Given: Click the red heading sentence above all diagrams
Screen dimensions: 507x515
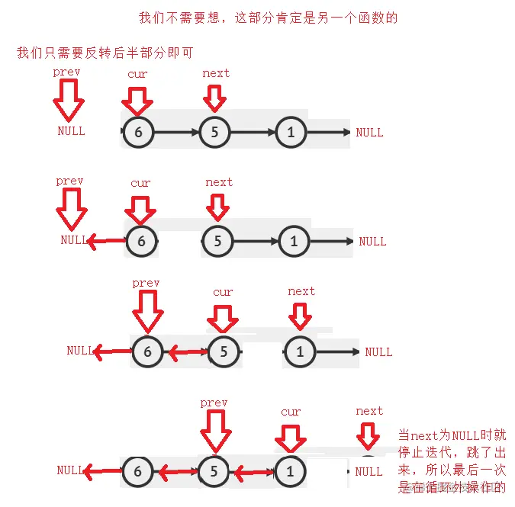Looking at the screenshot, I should click(268, 18).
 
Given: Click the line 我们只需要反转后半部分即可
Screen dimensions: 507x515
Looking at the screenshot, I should click(104, 53).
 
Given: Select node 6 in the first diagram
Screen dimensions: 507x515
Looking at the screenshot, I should click(138, 132).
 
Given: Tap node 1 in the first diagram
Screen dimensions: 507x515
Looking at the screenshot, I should click(291, 132).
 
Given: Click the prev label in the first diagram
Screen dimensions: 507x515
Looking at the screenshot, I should click(66, 72).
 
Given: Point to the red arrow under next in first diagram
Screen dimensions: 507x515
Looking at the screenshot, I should click(215, 97).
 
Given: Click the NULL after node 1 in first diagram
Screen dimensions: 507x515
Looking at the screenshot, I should click(369, 133).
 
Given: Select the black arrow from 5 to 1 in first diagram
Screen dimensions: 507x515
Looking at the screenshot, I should click(253, 132).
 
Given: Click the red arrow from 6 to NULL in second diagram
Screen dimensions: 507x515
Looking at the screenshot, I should click(107, 242).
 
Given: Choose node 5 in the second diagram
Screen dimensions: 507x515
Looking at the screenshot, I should click(217, 242).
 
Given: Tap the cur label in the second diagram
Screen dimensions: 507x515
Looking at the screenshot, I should click(140, 183).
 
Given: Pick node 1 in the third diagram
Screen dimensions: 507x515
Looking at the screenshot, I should click(300, 351).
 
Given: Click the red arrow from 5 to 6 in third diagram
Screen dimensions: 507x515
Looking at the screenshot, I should click(186, 352).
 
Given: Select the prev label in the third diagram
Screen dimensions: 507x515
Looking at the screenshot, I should click(146, 283).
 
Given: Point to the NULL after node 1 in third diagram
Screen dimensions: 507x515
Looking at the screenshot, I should click(378, 352).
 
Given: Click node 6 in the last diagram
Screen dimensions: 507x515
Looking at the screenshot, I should click(138, 472).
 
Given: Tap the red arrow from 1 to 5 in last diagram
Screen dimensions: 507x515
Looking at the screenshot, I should click(253, 473).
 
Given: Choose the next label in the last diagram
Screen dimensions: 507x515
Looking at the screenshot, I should click(369, 411).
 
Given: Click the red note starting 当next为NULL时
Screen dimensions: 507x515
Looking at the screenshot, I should click(452, 461).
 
